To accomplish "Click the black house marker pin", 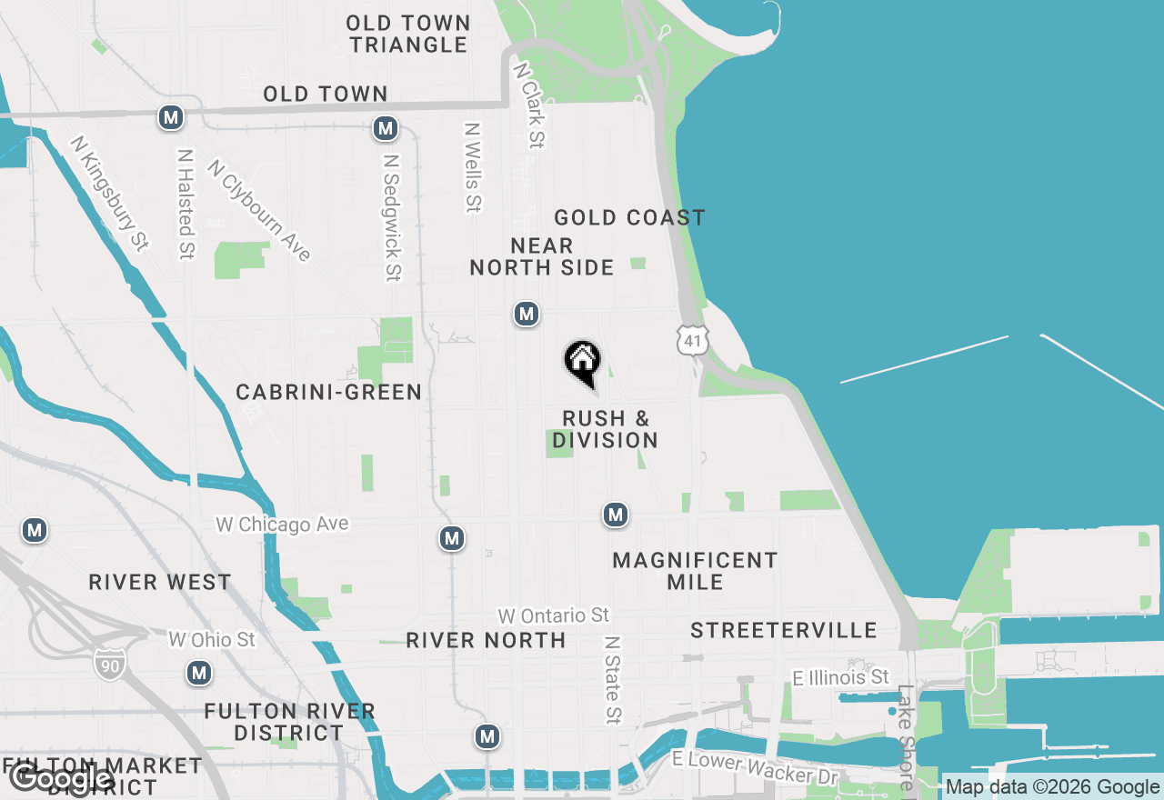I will (x=583, y=362).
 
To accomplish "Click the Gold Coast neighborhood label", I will (x=629, y=218).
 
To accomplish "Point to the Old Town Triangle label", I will (x=408, y=34).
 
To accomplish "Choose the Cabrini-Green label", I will (x=329, y=392).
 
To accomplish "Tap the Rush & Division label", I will (x=606, y=429).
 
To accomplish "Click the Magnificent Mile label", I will (x=695, y=571).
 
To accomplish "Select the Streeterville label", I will (x=783, y=630).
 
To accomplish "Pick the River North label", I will (x=486, y=640).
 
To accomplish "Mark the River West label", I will (x=160, y=582).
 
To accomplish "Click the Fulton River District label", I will (x=289, y=721).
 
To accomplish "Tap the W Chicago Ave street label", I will (x=282, y=525).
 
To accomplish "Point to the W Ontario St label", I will (x=553, y=616).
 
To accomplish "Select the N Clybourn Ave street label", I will (x=259, y=210).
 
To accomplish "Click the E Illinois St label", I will (x=840, y=677).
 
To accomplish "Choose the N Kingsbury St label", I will (x=109, y=193).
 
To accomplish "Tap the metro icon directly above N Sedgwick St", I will (x=386, y=128).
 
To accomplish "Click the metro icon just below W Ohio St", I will (x=199, y=674).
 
